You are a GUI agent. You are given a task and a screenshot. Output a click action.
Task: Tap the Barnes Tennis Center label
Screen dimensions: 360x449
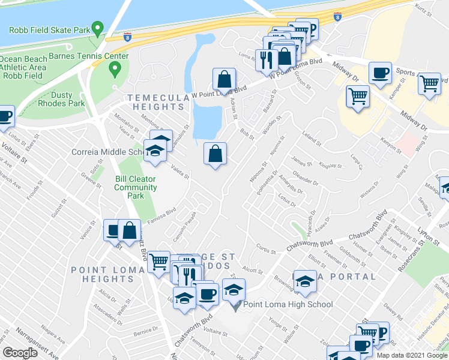[88, 56]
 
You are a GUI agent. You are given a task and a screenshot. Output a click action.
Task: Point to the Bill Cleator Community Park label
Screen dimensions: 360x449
[135, 187]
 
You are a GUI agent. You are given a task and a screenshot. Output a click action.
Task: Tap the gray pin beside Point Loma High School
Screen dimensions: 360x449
[237, 305]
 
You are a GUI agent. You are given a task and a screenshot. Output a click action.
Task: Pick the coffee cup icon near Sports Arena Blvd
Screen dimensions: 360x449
[380, 73]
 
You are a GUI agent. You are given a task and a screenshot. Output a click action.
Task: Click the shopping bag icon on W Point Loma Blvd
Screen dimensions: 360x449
[224, 79]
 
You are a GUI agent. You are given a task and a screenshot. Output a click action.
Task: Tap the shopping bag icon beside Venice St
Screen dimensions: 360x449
[130, 230]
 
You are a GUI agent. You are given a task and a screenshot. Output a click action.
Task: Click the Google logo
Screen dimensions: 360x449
[20, 353]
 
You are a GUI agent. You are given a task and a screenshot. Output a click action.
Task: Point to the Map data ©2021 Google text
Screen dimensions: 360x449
[411, 355]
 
